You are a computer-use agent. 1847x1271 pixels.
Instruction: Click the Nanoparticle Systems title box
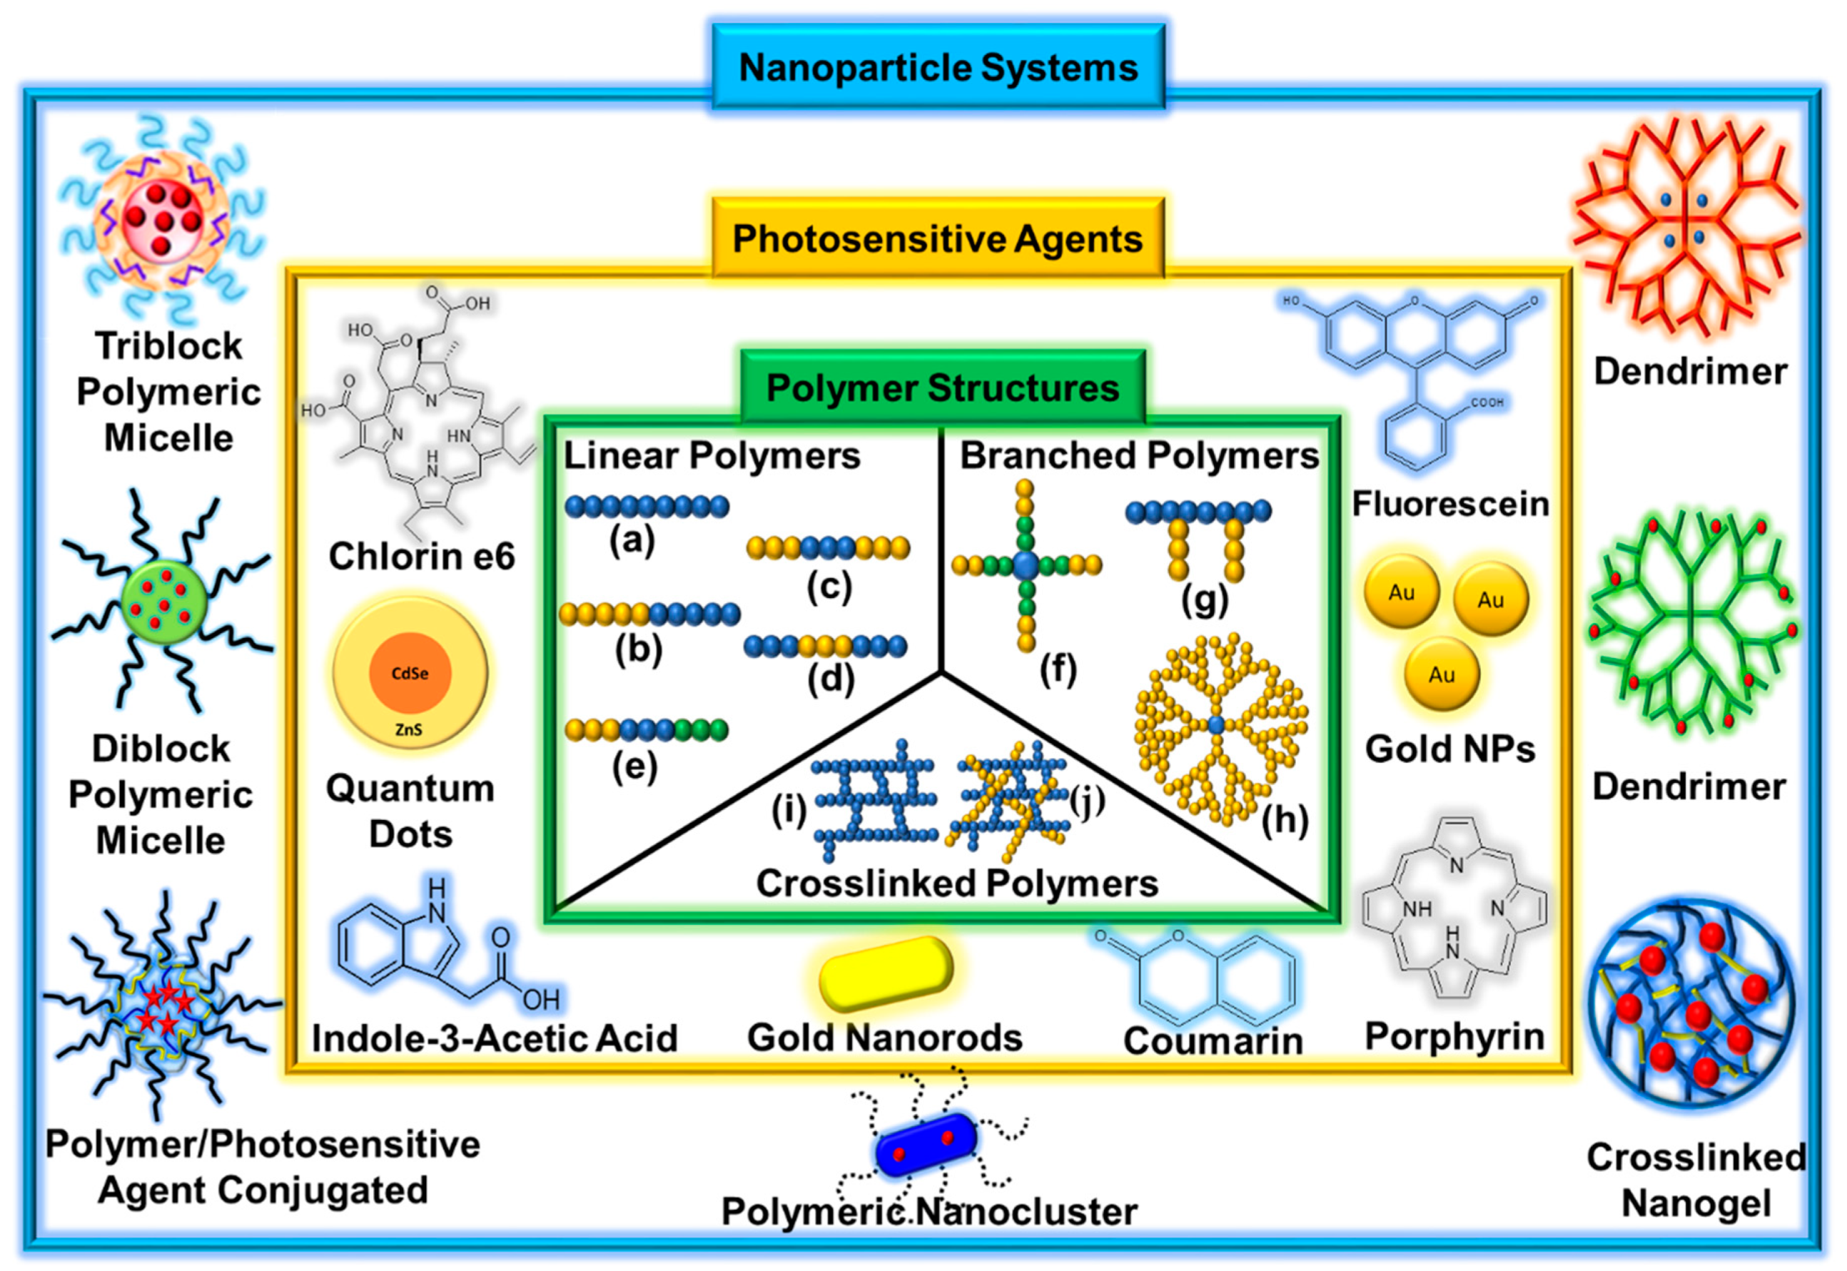pyautogui.click(x=938, y=67)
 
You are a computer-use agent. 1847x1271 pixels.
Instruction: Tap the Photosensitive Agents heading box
pyautogui.click(x=938, y=238)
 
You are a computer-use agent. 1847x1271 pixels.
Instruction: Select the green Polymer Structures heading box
pyautogui.click(x=942, y=388)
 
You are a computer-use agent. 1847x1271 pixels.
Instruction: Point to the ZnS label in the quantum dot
pyautogui.click(x=409, y=729)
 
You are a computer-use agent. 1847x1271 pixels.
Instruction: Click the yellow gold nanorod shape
pyautogui.click(x=886, y=973)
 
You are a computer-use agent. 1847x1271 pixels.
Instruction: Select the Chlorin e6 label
pyautogui.click(x=421, y=556)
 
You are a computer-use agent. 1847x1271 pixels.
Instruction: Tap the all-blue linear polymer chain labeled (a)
pyautogui.click(x=647, y=507)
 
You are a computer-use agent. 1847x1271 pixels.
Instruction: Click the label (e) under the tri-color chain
pyautogui.click(x=634, y=767)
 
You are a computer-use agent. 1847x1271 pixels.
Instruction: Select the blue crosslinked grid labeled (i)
pyautogui.click(x=873, y=800)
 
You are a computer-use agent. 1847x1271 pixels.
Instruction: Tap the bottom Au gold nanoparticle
pyautogui.click(x=1442, y=674)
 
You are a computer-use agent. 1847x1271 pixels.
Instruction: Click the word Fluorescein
pyautogui.click(x=1450, y=504)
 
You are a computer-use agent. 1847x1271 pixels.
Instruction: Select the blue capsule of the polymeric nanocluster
pyautogui.click(x=926, y=1145)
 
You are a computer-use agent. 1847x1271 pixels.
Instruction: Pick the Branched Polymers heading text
pyautogui.click(x=1139, y=456)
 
